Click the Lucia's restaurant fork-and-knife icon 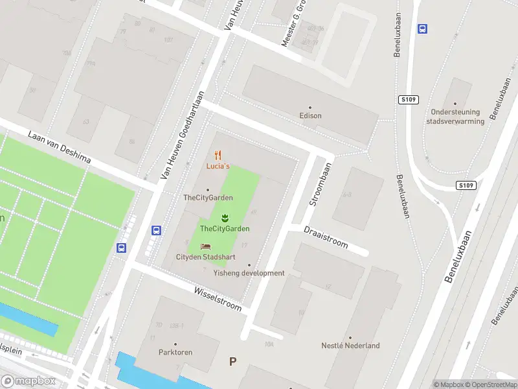coord(218,155)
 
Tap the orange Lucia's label coord(218,167)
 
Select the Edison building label coord(311,116)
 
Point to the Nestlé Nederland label coord(350,346)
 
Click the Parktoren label coord(175,353)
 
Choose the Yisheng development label coord(249,273)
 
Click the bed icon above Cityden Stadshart coord(205,246)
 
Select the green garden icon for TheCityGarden coord(225,217)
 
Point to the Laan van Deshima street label coord(59,148)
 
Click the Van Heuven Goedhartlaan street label coord(183,135)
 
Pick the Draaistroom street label coord(326,237)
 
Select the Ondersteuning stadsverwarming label coord(456,116)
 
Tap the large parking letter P coord(232,362)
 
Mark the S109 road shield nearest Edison coord(409,100)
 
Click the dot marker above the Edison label coord(310,107)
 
